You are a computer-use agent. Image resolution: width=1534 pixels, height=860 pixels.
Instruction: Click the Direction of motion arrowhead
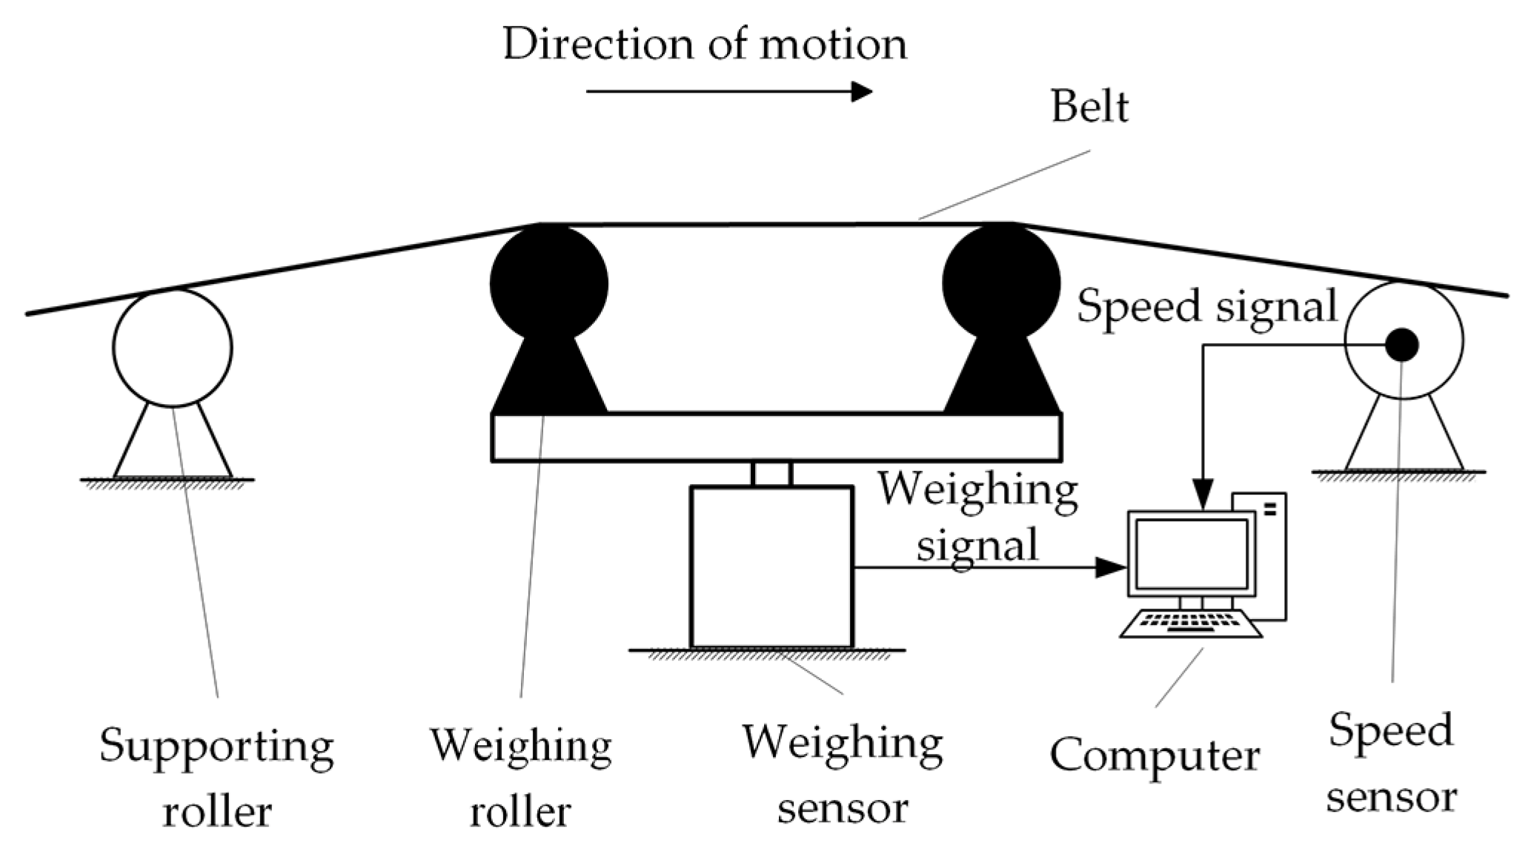[x=861, y=92]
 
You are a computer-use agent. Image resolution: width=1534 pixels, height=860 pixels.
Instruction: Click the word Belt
[x=1089, y=108]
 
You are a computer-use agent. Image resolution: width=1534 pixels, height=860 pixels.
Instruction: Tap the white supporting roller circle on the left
[x=173, y=347]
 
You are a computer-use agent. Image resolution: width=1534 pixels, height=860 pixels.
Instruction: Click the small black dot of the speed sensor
[x=1402, y=345]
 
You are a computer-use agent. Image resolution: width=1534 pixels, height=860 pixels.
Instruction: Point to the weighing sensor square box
[x=771, y=567]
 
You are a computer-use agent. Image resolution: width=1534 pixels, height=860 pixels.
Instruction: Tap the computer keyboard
[x=1190, y=624]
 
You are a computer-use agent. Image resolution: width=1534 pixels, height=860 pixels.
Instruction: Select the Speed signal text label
[x=1206, y=306]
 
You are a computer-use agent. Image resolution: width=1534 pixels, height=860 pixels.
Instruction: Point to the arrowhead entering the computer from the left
[x=1112, y=568]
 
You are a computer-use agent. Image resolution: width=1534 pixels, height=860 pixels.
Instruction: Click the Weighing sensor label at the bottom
[x=843, y=774]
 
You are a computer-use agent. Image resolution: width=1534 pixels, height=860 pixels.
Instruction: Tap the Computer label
[x=1155, y=756]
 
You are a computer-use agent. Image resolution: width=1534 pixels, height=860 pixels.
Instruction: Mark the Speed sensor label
[x=1391, y=764]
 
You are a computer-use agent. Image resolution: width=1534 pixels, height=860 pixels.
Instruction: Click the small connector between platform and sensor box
[x=771, y=474]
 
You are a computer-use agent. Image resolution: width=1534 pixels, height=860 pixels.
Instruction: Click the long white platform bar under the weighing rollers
[x=776, y=437]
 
